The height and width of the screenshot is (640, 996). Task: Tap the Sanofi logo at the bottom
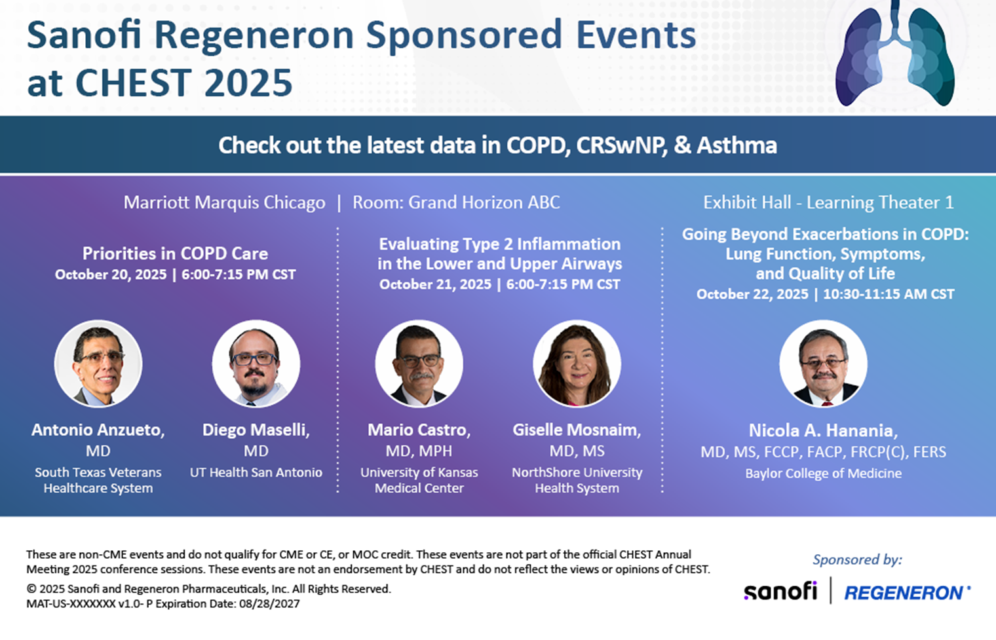[x=780, y=591]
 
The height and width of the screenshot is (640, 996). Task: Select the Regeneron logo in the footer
[x=907, y=592]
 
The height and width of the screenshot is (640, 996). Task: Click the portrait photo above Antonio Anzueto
[x=98, y=364]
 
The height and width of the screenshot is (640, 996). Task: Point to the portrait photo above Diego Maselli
[x=256, y=364]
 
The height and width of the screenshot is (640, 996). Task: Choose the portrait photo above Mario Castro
[x=419, y=364]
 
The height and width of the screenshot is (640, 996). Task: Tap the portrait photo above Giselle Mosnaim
[x=577, y=364]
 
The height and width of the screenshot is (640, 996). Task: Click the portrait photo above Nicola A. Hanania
[x=823, y=364]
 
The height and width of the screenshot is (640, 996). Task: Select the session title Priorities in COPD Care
[x=175, y=254]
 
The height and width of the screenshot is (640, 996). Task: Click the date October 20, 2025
[x=111, y=274]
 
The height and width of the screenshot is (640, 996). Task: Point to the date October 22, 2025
[x=752, y=294]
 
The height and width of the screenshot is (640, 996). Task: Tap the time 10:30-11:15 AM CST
[x=889, y=294]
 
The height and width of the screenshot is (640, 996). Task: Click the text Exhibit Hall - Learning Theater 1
[x=828, y=202]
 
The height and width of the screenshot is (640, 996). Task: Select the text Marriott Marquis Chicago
[x=225, y=202]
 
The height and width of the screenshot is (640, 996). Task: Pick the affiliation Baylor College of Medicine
[x=824, y=474]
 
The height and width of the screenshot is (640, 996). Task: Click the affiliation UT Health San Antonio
[x=256, y=472]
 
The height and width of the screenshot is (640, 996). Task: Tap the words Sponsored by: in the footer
[x=857, y=559]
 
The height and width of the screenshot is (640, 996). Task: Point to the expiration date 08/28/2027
[x=269, y=603]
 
